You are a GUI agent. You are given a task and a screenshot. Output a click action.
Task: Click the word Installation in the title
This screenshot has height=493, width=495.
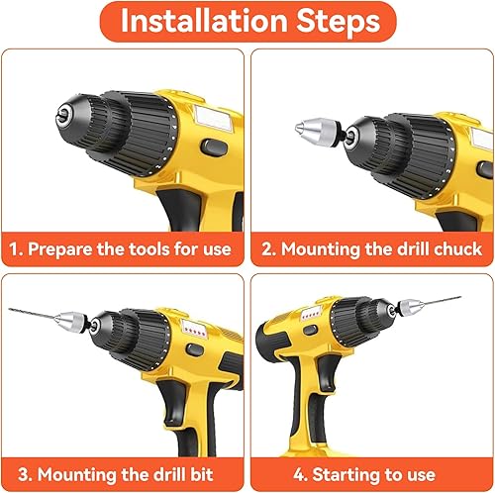204,21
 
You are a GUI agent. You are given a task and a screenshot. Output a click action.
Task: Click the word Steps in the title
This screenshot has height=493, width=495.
339,21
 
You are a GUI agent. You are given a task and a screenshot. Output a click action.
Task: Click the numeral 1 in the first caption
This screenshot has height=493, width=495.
13,249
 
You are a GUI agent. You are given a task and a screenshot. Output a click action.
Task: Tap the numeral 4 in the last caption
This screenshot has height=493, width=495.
299,474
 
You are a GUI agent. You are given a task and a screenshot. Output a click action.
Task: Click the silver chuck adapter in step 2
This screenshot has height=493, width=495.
317,132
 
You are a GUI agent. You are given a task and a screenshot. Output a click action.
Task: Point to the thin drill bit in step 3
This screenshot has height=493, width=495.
32,314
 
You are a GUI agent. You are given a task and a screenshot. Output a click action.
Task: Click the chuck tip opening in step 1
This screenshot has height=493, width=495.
63,115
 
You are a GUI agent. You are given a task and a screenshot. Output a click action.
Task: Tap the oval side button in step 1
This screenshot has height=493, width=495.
214,147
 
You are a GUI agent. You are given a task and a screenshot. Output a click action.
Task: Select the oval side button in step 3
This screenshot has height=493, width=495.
194,349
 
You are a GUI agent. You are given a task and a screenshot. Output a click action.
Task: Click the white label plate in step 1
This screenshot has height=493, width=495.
213,118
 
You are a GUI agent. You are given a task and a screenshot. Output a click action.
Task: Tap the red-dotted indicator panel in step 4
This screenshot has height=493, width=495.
311,313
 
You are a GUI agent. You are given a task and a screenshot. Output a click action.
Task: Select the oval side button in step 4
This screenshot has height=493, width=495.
311,330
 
